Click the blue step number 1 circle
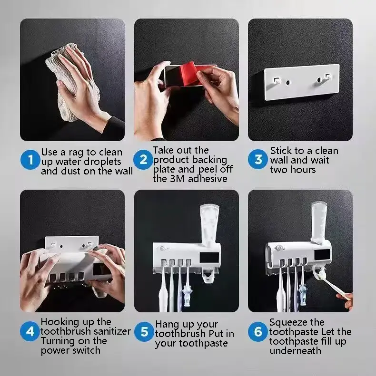click(30, 159)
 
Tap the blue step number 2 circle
click(143, 159)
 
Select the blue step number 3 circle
click(258, 159)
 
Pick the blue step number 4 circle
click(30, 331)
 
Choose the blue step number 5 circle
click(144, 332)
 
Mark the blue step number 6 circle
click(258, 332)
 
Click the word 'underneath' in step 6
click(295, 351)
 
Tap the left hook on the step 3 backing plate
click(277, 80)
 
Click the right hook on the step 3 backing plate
click(327, 77)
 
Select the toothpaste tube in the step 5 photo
click(209, 225)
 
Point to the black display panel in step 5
click(209, 258)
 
